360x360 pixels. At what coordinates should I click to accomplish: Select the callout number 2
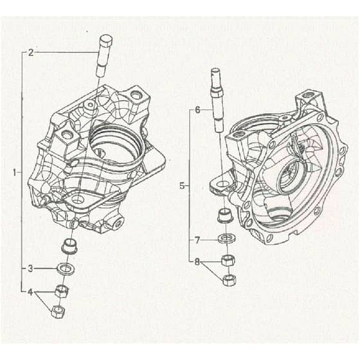[x=31, y=53]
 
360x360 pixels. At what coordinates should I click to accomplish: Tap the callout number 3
[x=30, y=269]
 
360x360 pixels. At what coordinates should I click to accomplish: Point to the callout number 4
[x=30, y=292]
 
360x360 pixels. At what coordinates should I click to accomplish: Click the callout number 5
[x=182, y=186]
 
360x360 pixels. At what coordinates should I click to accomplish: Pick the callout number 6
[x=197, y=110]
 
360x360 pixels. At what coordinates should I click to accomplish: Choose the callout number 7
[x=197, y=240]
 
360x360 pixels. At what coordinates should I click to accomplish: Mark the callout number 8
[x=197, y=262]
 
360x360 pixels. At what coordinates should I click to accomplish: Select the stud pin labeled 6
[x=217, y=100]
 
